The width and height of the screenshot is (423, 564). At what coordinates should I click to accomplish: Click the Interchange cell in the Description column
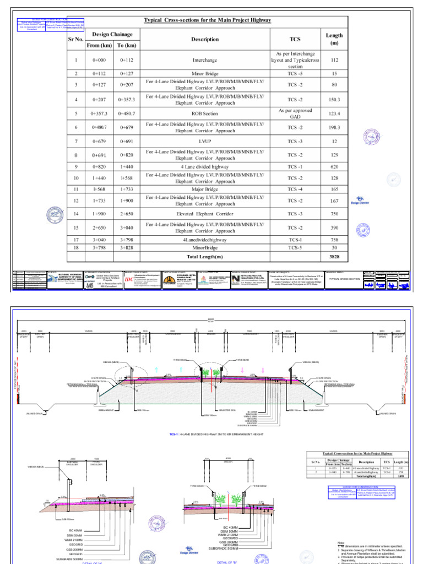click(205, 60)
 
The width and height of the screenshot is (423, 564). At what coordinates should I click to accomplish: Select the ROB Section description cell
click(205, 113)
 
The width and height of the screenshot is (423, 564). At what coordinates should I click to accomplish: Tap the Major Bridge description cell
click(205, 189)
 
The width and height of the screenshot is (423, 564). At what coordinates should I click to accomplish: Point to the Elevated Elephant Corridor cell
click(205, 213)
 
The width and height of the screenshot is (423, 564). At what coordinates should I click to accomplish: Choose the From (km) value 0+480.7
click(99, 127)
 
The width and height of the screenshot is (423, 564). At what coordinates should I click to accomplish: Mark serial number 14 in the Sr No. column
click(76, 213)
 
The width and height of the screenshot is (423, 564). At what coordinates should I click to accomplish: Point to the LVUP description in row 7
click(205, 142)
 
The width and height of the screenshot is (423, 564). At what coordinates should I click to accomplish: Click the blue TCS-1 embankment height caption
click(211, 433)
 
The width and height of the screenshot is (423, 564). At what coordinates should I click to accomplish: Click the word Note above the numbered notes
click(341, 542)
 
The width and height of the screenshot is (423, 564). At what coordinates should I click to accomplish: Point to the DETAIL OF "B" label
click(226, 561)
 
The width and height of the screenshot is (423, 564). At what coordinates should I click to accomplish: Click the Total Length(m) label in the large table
click(205, 257)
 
